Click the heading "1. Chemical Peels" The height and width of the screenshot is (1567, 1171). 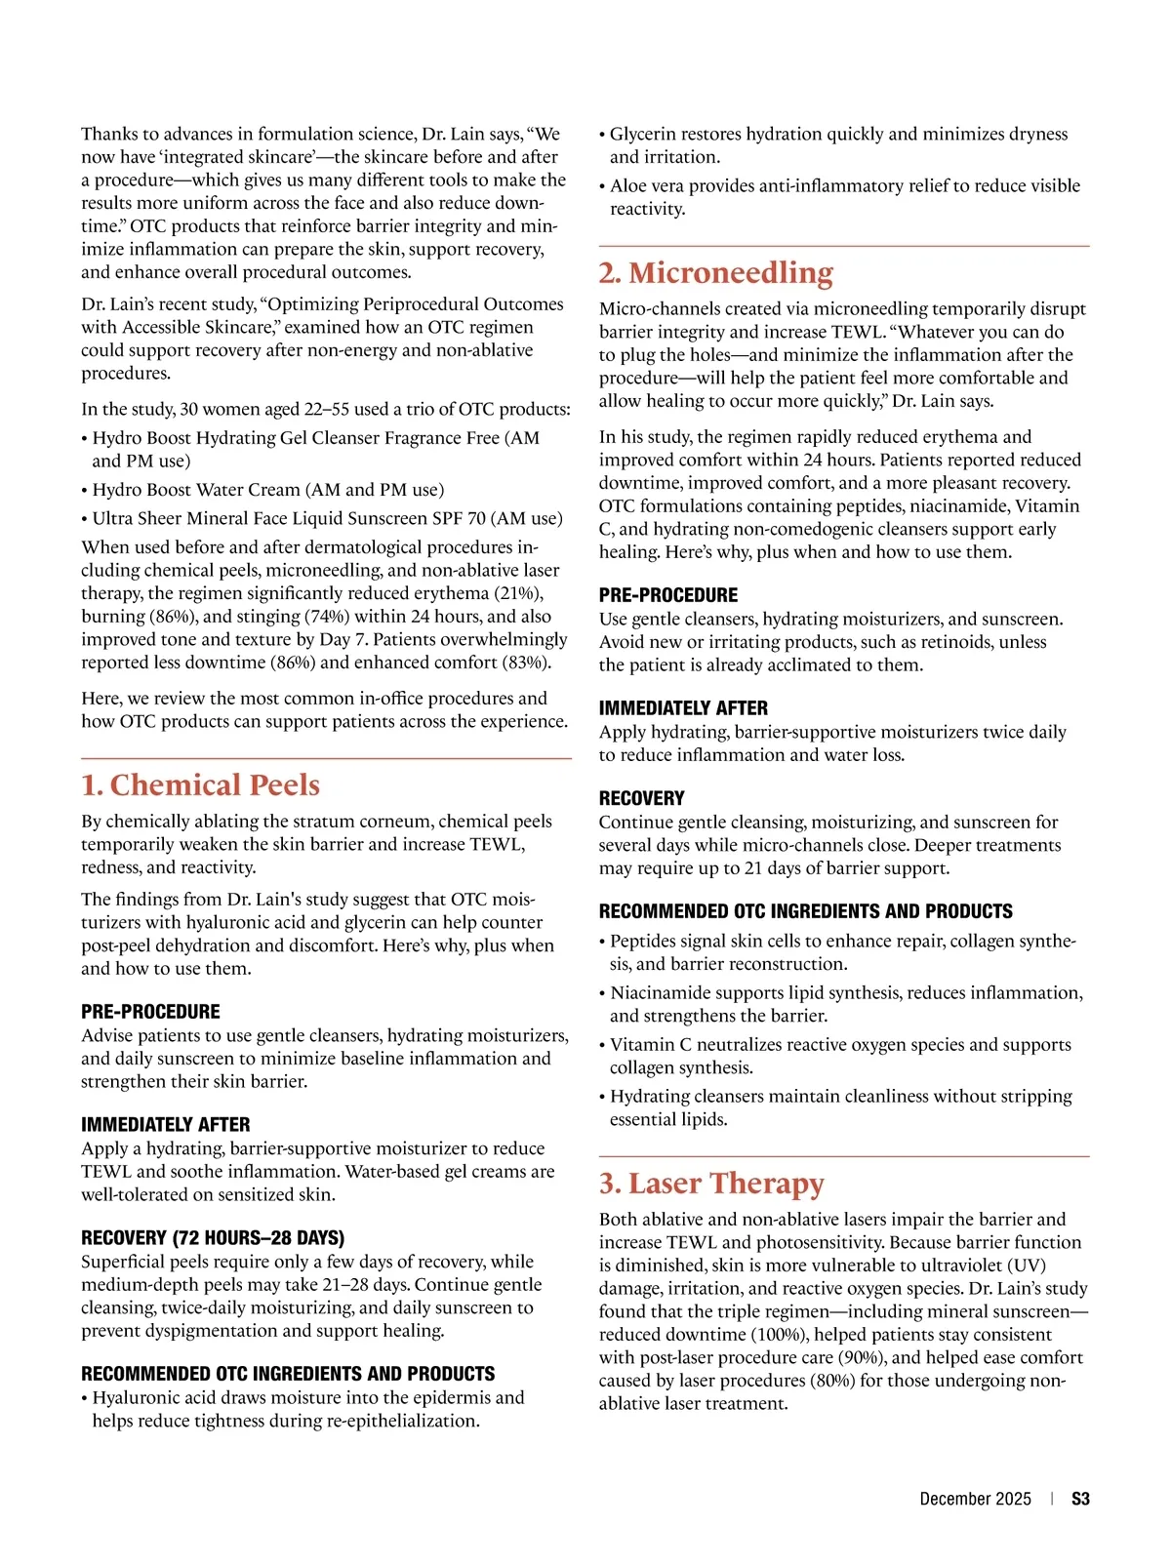click(200, 785)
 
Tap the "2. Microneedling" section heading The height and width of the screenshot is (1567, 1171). click(716, 273)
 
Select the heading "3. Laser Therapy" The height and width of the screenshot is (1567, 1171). click(711, 1184)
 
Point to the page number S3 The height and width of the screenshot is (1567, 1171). click(1080, 1499)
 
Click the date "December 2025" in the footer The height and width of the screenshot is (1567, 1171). click(975, 1499)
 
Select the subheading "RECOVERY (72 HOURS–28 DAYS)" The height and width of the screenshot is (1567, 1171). click(213, 1238)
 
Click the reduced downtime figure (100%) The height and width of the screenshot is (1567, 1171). click(778, 1335)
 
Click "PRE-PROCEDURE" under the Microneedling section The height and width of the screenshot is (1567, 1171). click(668, 595)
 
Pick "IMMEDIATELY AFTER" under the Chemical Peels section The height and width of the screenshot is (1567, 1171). click(166, 1125)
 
